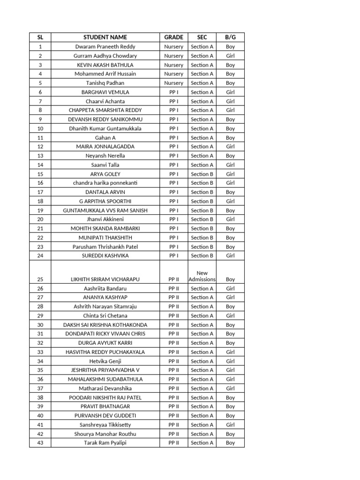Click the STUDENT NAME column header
[x=105, y=37]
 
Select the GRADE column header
[x=173, y=37]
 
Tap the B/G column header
[x=230, y=37]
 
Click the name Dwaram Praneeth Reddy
[x=105, y=47]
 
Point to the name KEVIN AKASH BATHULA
[x=105, y=65]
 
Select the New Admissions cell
[x=202, y=276]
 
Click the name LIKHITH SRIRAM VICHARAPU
[x=105, y=279]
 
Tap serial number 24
[x=40, y=255]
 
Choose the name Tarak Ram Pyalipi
[x=105, y=442]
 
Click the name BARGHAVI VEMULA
[x=105, y=92]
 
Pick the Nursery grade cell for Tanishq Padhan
[x=173, y=83]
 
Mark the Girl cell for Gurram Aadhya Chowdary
[x=230, y=56]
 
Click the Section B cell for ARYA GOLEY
[x=202, y=174]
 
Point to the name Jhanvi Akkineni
[x=105, y=219]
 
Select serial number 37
[x=40, y=388]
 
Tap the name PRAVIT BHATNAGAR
[x=105, y=406]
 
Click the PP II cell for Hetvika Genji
[x=173, y=361]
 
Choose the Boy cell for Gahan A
[x=230, y=138]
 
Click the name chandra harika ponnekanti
[x=105, y=183]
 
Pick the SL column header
[x=40, y=37]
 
